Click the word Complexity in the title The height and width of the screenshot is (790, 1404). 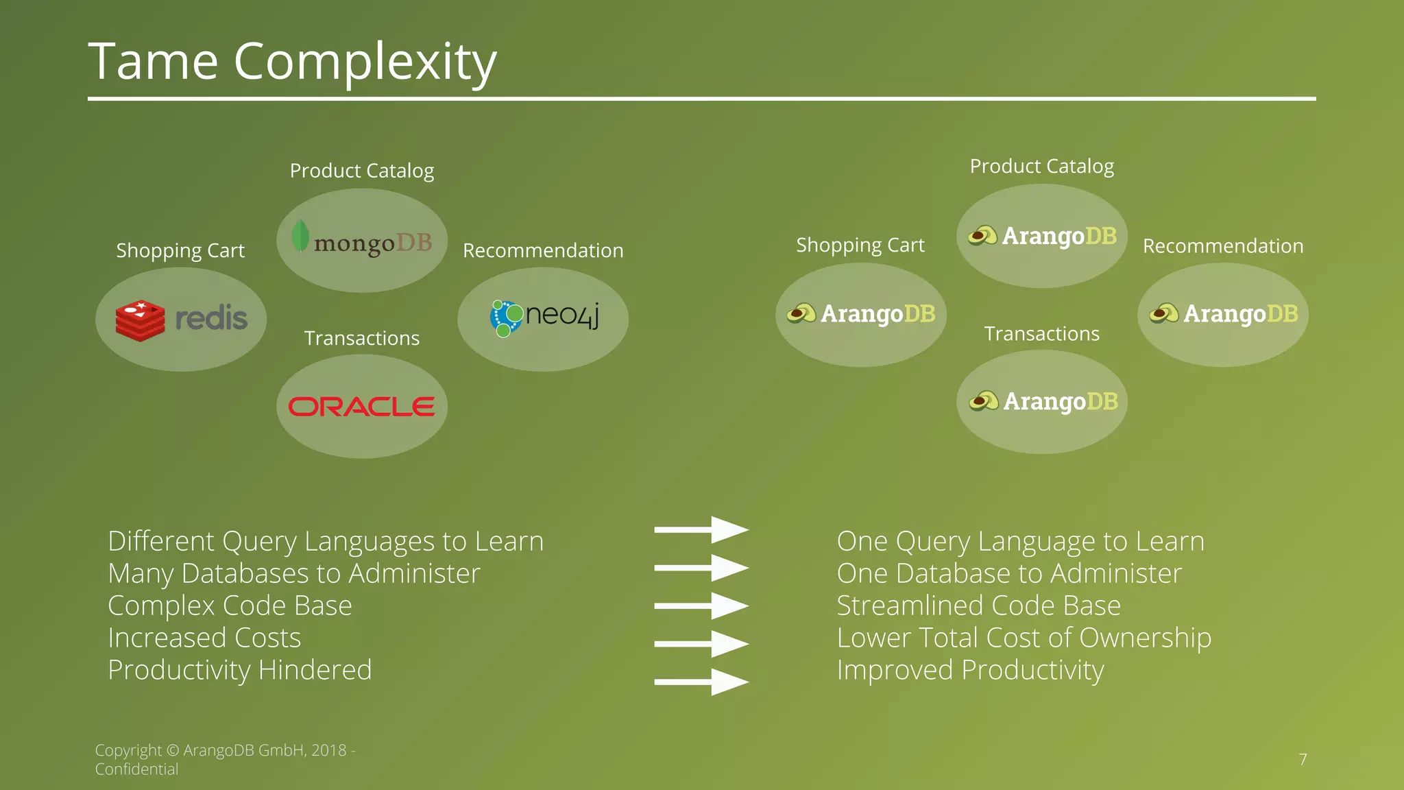(365, 62)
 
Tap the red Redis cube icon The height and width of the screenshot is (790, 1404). (141, 320)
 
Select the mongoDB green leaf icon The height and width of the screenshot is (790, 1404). (300, 236)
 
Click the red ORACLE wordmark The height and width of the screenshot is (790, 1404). (361, 407)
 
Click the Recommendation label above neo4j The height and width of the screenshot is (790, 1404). (543, 250)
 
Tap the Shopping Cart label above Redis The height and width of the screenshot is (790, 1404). (180, 250)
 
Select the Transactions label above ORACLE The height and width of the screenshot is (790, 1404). (361, 338)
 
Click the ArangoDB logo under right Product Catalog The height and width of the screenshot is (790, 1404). (1042, 236)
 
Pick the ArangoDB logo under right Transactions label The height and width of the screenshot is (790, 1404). (1043, 401)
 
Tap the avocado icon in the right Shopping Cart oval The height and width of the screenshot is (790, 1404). (801, 314)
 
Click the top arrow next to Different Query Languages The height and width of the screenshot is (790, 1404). (701, 529)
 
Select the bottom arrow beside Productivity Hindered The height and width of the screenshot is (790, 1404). (701, 682)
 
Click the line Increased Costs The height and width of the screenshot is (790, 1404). (204, 638)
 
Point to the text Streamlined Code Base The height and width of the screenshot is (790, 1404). (978, 606)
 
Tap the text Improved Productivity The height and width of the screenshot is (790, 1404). (970, 670)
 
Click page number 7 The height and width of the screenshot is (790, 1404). (1303, 759)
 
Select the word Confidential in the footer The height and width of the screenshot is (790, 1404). (136, 769)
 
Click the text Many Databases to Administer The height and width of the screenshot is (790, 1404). (294, 573)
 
